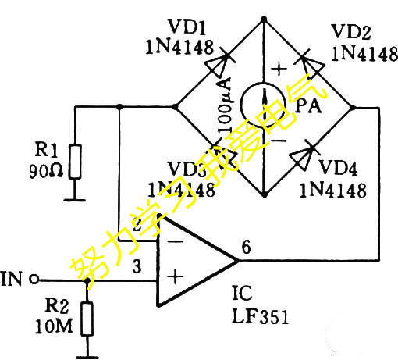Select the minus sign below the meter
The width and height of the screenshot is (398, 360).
pyautogui.click(x=278, y=141)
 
